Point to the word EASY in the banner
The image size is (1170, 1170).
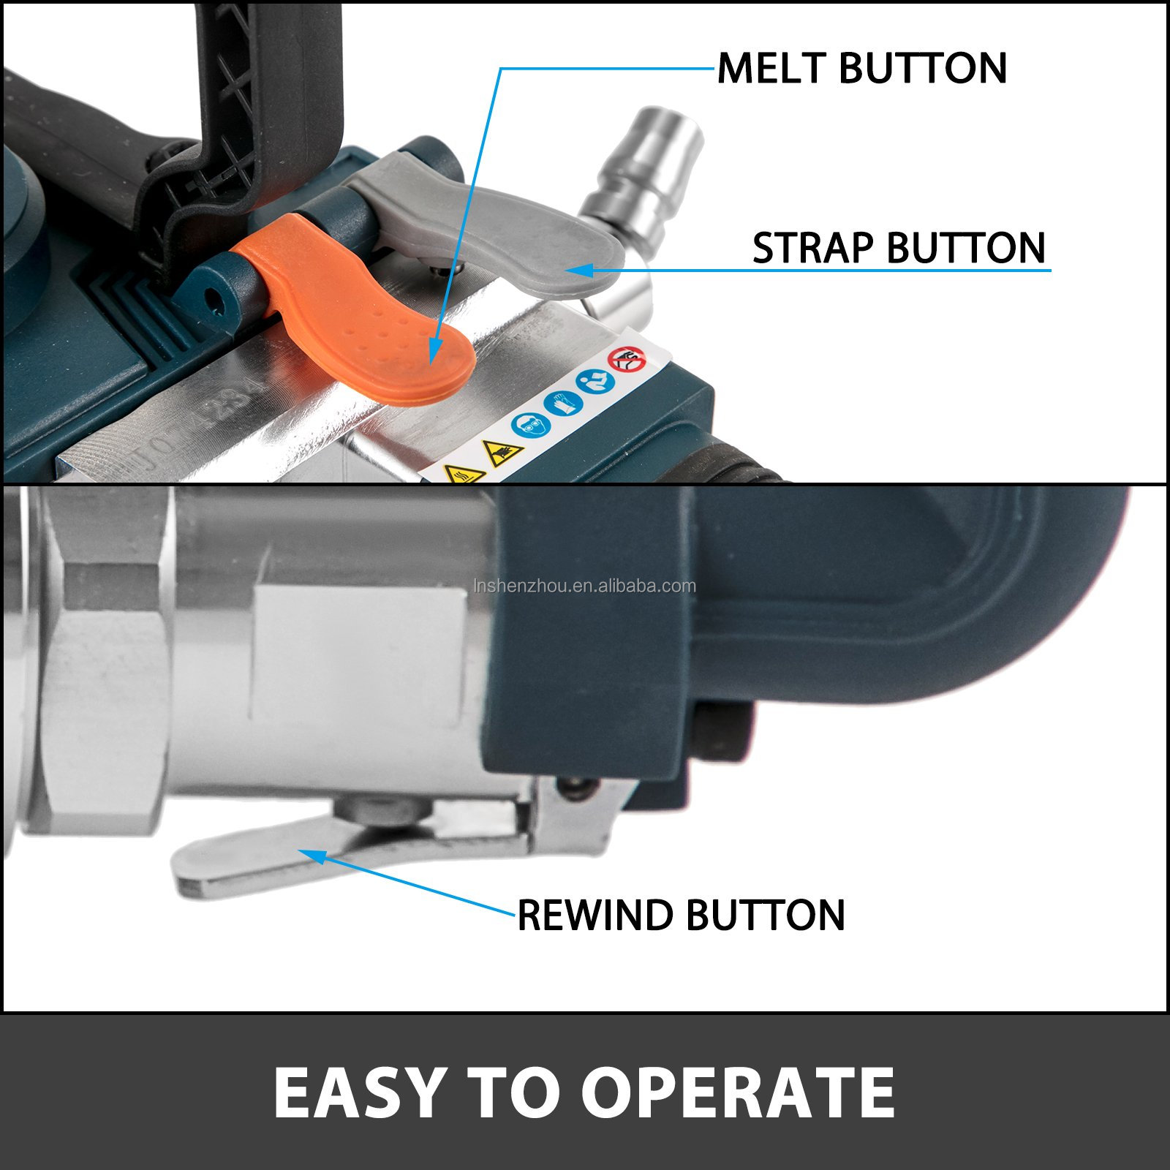tap(359, 1092)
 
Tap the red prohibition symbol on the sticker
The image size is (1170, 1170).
tap(627, 359)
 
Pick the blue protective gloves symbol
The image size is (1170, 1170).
tap(562, 403)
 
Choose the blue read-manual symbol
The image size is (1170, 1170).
tap(596, 380)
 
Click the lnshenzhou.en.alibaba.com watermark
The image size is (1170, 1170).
tap(585, 586)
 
